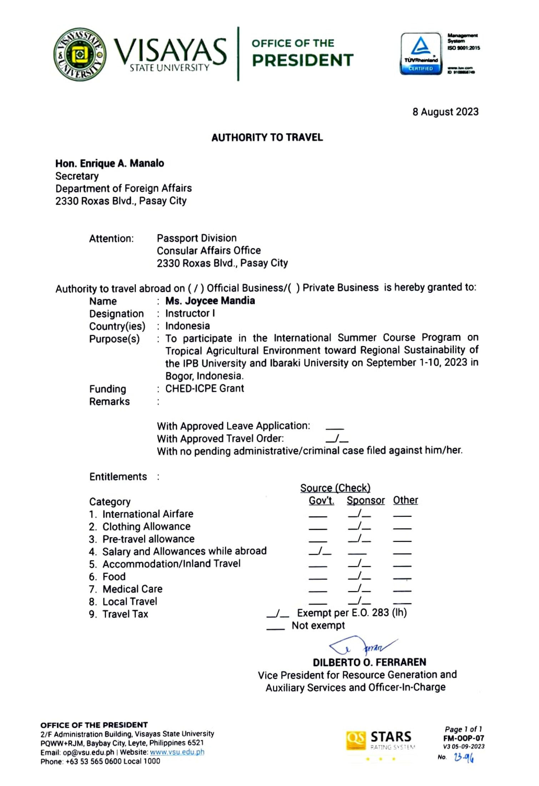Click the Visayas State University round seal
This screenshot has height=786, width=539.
click(x=80, y=54)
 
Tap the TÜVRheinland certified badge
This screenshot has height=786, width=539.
click(x=421, y=54)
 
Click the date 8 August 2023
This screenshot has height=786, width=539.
click(x=445, y=112)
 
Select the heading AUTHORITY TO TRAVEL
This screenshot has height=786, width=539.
click(x=267, y=138)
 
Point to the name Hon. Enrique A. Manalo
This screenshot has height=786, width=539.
click(x=110, y=163)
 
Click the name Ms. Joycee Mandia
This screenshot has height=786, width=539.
click(x=210, y=301)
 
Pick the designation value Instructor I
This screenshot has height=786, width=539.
click(x=190, y=313)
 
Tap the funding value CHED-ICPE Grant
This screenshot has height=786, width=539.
click(x=205, y=388)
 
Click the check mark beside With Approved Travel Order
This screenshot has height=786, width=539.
click(x=337, y=438)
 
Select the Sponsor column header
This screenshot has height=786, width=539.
click(x=366, y=501)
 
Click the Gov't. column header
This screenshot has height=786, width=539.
click(x=321, y=501)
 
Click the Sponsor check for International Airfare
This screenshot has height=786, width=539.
click(x=359, y=514)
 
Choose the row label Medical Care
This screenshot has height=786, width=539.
click(x=132, y=589)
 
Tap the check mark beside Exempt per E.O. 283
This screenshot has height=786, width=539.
click(x=277, y=613)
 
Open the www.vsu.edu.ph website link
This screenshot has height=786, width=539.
click(x=177, y=752)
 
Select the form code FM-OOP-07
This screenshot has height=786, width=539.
click(x=463, y=738)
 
